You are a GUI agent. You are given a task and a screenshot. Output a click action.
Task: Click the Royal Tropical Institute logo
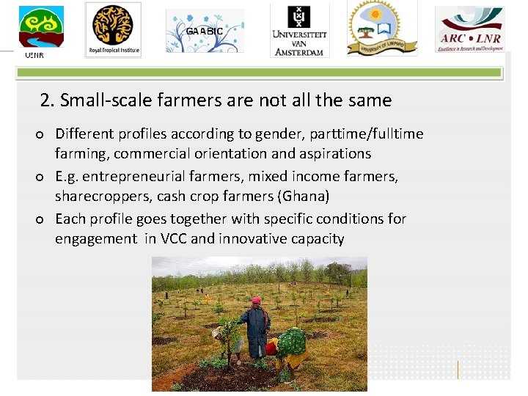point(113,29)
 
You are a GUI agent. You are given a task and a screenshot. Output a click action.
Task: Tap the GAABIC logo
point(204,32)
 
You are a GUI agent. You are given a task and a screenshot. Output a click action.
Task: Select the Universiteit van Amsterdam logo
point(299,31)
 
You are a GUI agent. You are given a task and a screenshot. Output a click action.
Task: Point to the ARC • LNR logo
point(469,30)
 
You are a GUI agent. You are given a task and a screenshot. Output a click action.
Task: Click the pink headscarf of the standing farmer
point(256,301)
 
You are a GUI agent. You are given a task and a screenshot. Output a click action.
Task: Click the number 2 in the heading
point(46,100)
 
